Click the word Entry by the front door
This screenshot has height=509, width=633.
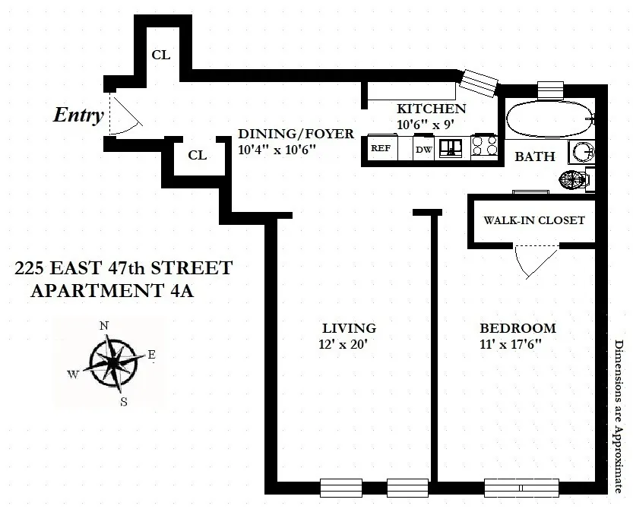(x=78, y=115)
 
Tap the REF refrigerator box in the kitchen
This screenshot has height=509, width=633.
(x=380, y=149)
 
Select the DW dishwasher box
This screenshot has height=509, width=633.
(x=423, y=150)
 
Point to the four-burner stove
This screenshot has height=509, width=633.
(x=484, y=147)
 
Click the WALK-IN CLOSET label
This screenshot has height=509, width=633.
(x=534, y=220)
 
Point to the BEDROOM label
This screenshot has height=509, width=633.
(x=517, y=328)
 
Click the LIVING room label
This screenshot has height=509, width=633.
(x=349, y=328)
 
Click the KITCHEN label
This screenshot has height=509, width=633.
(x=431, y=109)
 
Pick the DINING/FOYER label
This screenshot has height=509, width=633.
(x=296, y=134)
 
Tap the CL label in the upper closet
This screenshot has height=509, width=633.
(x=161, y=55)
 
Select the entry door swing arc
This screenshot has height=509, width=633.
(x=126, y=114)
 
